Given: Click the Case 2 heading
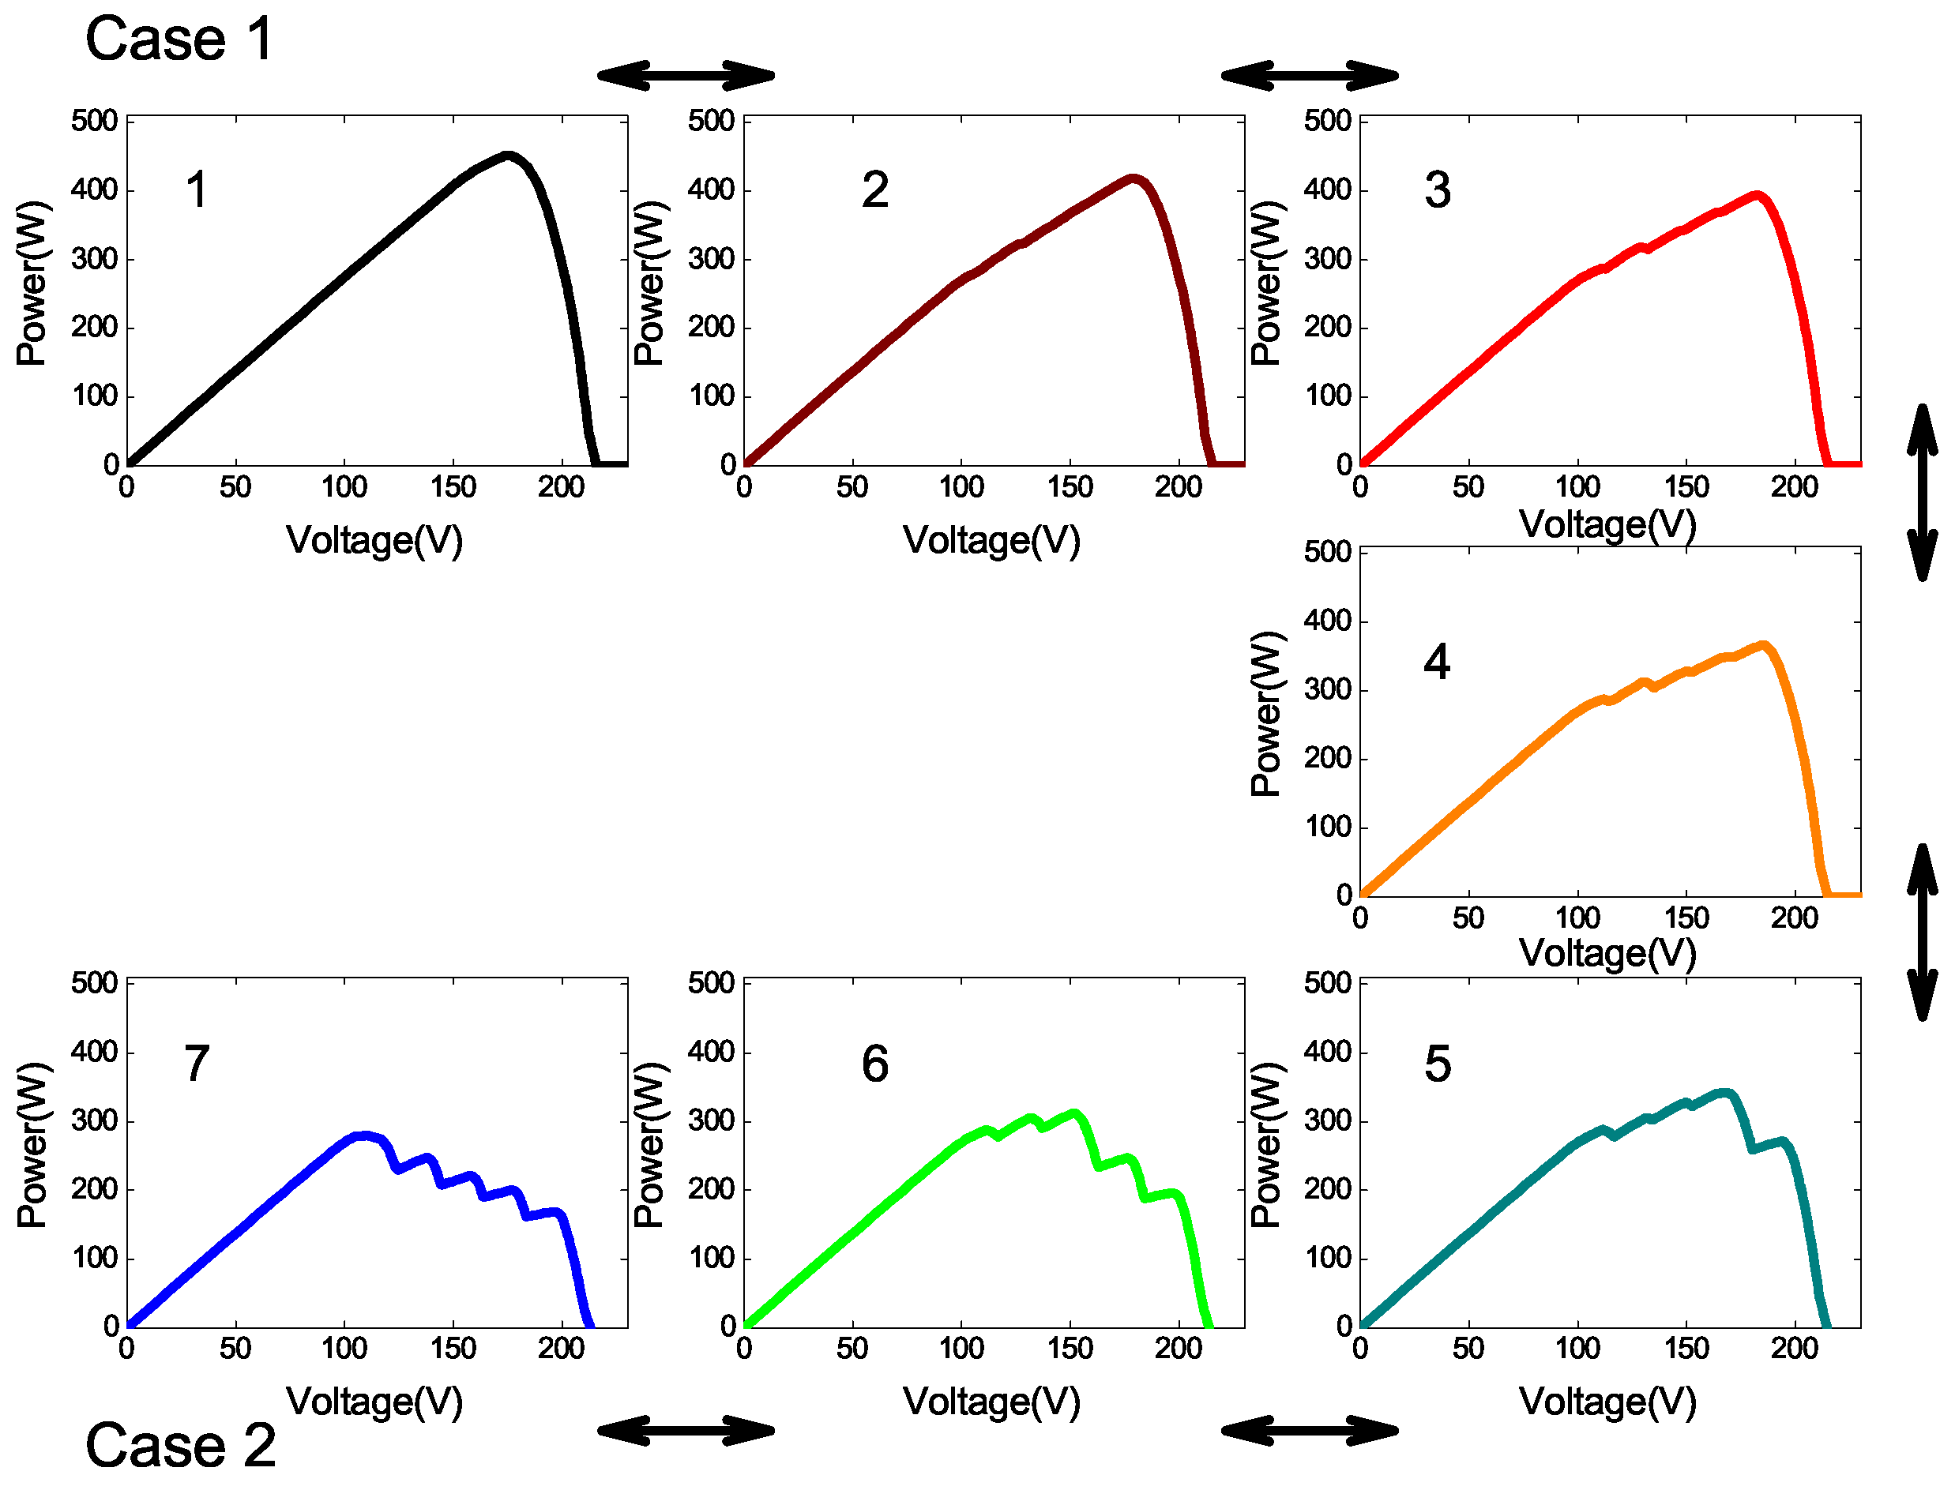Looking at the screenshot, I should pyautogui.click(x=180, y=1446).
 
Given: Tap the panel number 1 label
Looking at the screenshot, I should pyautogui.click(x=197, y=190).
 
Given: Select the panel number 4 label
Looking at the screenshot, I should pyautogui.click(x=1436, y=662).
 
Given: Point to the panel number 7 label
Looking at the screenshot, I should pyautogui.click(x=196, y=1064).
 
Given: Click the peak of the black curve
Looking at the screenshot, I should pyautogui.click(x=507, y=156).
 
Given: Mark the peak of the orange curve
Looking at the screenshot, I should pyautogui.click(x=1763, y=647).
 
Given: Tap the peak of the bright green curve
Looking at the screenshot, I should pyautogui.click(x=1074, y=1113).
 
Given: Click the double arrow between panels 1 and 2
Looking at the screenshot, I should pyautogui.click(x=686, y=75).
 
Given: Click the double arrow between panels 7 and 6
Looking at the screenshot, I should pyautogui.click(x=686, y=1431).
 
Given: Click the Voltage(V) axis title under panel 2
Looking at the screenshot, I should pyautogui.click(x=991, y=540).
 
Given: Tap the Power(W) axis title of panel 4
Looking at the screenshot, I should pyautogui.click(x=1265, y=714).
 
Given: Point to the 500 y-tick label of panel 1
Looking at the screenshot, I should pyautogui.click(x=94, y=121).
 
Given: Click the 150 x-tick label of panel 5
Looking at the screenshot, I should pyautogui.click(x=1686, y=1349).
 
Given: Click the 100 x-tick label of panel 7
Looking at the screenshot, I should pyautogui.click(x=344, y=1349).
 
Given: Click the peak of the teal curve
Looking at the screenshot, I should pyautogui.click(x=1724, y=1094).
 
